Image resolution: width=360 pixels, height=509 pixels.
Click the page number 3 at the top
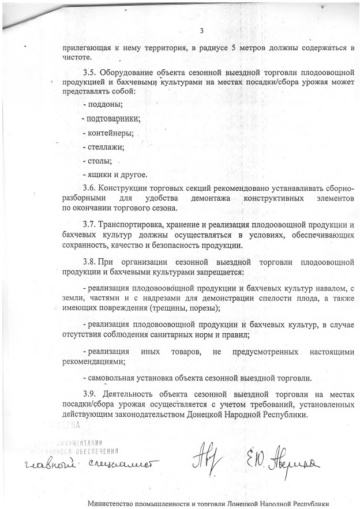point(201,31)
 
